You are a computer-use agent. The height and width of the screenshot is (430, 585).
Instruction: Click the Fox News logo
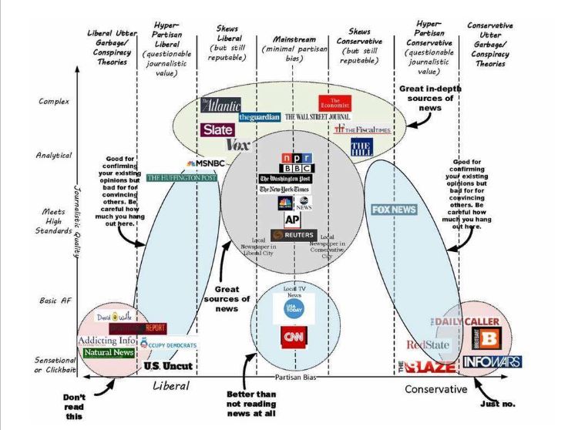[394, 210]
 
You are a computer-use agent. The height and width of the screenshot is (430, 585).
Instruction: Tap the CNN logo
[292, 338]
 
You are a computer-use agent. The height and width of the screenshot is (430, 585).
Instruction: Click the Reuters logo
[294, 235]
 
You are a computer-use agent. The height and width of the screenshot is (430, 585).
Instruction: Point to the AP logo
[293, 219]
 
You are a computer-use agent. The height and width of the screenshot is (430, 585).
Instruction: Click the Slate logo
[217, 129]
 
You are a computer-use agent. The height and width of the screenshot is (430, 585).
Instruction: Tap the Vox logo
[238, 144]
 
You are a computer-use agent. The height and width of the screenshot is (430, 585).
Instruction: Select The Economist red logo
[334, 102]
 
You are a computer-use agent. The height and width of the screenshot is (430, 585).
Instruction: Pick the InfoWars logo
[492, 361]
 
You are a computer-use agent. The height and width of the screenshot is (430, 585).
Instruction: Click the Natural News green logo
[108, 353]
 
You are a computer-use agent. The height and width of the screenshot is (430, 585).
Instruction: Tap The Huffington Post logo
[181, 177]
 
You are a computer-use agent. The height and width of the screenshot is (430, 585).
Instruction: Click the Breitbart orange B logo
[489, 338]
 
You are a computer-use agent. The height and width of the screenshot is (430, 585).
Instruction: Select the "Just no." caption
[497, 403]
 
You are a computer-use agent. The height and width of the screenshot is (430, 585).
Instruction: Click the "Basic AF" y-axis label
[54, 301]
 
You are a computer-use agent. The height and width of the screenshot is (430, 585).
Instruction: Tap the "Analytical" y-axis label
[54, 155]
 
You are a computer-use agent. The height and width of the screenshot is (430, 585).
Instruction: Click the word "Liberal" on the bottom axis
[171, 385]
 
